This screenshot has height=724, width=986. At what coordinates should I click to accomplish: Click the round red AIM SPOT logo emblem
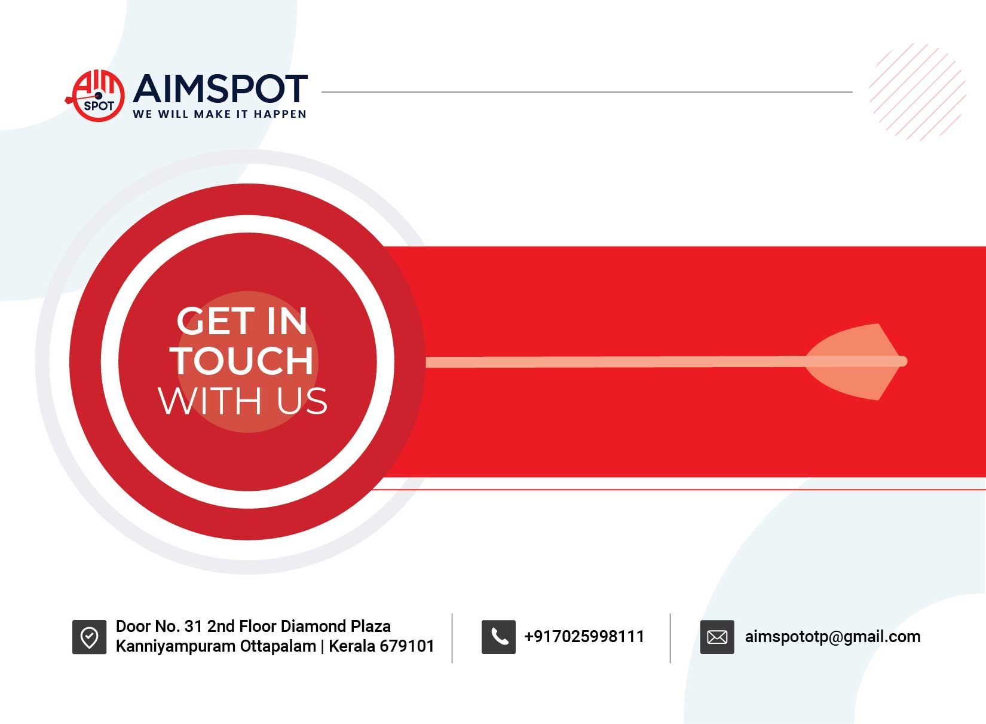[x=96, y=96]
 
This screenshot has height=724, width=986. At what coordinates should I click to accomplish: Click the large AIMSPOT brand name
[x=220, y=88]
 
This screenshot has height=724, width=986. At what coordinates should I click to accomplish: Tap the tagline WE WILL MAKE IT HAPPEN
[x=219, y=114]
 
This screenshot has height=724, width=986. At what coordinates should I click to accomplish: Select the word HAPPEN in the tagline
[x=280, y=114]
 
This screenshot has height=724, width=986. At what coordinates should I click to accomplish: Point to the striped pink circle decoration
[x=917, y=92]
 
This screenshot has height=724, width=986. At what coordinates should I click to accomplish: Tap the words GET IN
[x=241, y=321]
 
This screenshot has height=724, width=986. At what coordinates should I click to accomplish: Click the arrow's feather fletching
[x=854, y=362]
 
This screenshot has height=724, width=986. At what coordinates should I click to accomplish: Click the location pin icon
[x=90, y=637]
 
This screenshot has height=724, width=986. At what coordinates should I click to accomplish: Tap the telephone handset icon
[x=498, y=637]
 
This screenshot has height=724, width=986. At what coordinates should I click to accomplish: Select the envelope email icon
[x=717, y=637]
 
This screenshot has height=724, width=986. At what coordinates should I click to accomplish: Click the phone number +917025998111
[x=584, y=636]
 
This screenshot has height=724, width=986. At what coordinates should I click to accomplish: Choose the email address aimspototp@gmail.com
[x=833, y=637]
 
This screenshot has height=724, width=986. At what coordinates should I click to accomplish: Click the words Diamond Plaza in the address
[x=335, y=626]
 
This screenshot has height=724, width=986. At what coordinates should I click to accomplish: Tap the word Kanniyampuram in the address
[x=176, y=646]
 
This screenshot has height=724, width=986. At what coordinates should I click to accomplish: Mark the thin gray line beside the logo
[x=587, y=92]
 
